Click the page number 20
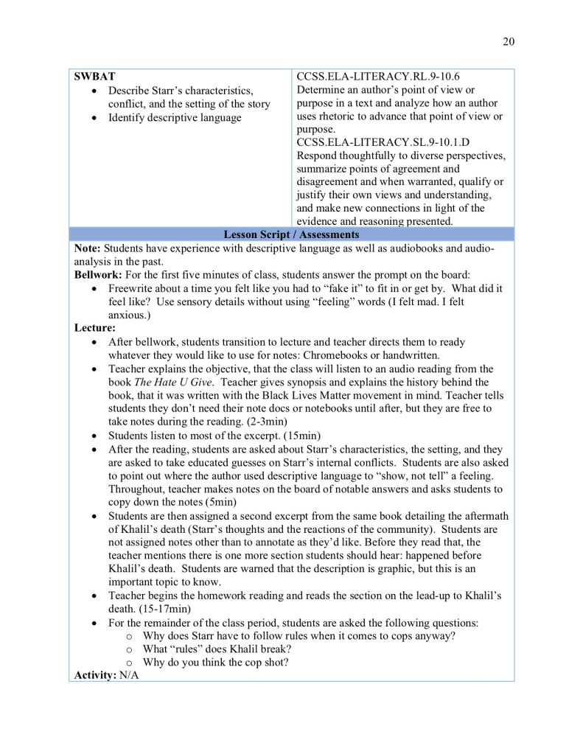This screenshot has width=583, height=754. coord(509,41)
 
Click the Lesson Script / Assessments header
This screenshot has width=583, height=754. coord(292,234)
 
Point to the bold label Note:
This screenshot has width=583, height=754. coord(87,248)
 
